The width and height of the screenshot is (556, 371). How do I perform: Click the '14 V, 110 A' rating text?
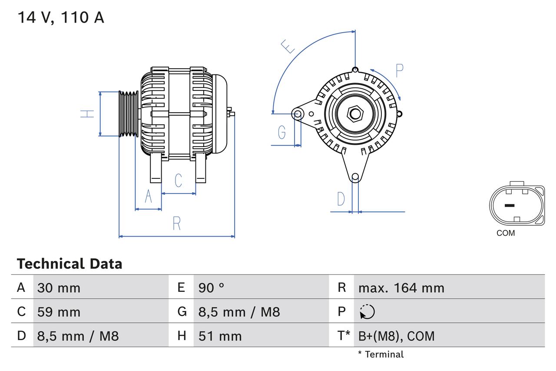[61, 18]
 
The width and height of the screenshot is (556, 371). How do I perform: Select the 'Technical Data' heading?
[69, 264]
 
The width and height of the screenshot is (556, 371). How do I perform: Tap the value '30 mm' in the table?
[59, 288]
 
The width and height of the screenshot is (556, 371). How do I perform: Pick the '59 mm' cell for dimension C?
[59, 312]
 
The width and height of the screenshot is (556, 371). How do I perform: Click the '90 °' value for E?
[211, 288]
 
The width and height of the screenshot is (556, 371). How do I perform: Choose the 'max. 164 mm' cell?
[401, 288]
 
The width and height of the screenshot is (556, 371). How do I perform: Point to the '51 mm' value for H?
[220, 336]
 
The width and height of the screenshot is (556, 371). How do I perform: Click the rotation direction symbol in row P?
[367, 312]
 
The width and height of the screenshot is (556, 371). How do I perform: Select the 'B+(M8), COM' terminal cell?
[396, 336]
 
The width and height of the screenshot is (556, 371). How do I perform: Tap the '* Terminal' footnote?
[381, 354]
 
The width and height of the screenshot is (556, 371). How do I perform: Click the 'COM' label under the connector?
[506, 233]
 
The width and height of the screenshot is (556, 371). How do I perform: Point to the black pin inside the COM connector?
[509, 205]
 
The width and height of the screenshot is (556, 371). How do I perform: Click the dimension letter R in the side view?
[176, 224]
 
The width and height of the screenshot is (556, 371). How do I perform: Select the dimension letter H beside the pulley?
[87, 114]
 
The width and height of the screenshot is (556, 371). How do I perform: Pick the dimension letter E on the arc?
[287, 46]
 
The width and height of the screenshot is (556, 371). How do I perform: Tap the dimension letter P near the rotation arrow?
[399, 70]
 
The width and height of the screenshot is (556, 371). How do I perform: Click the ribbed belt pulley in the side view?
[129, 114]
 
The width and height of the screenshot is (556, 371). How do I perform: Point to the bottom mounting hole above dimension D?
[355, 177]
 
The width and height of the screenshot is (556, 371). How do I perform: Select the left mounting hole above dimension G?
[298, 114]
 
